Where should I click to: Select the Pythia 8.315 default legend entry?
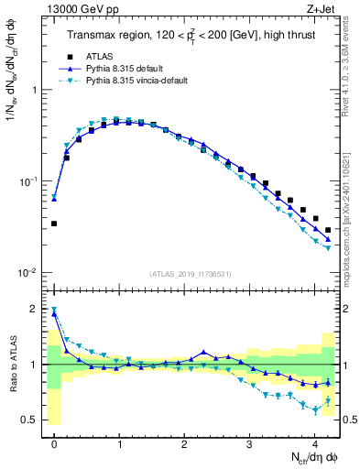pyautogui.click(x=124, y=69)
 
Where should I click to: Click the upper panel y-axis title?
pyautogui.click(x=12, y=73)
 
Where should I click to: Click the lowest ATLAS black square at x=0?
pyautogui.click(x=54, y=224)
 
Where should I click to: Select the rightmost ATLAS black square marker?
pyautogui.click(x=328, y=230)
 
